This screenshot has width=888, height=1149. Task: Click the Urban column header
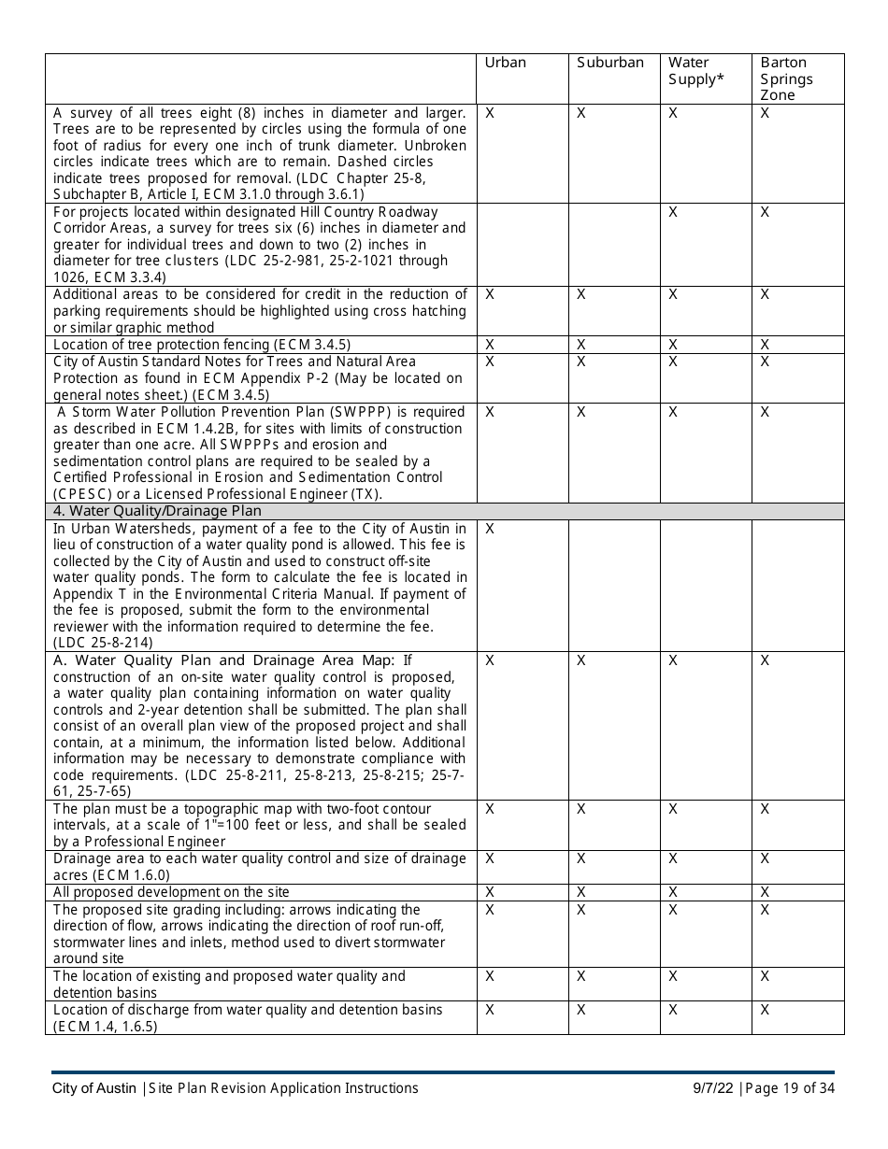[505, 63]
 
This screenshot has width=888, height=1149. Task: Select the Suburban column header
[609, 63]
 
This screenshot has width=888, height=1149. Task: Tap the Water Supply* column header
[695, 71]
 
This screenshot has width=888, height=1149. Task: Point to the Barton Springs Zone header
[786, 78]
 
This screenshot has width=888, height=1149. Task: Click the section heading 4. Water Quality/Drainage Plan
[157, 511]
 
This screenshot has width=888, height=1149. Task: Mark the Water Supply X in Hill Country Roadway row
[674, 213]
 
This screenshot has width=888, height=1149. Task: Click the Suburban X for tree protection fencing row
[581, 345]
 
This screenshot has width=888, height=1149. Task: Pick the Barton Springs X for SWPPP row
[765, 412]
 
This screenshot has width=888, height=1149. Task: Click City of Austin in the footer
[93, 1088]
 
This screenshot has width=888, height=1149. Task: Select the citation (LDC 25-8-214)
[103, 643]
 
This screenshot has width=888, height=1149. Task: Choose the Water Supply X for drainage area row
[674, 859]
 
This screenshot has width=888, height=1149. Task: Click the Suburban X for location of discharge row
[581, 1011]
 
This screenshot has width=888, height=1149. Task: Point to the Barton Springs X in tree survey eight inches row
[765, 114]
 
